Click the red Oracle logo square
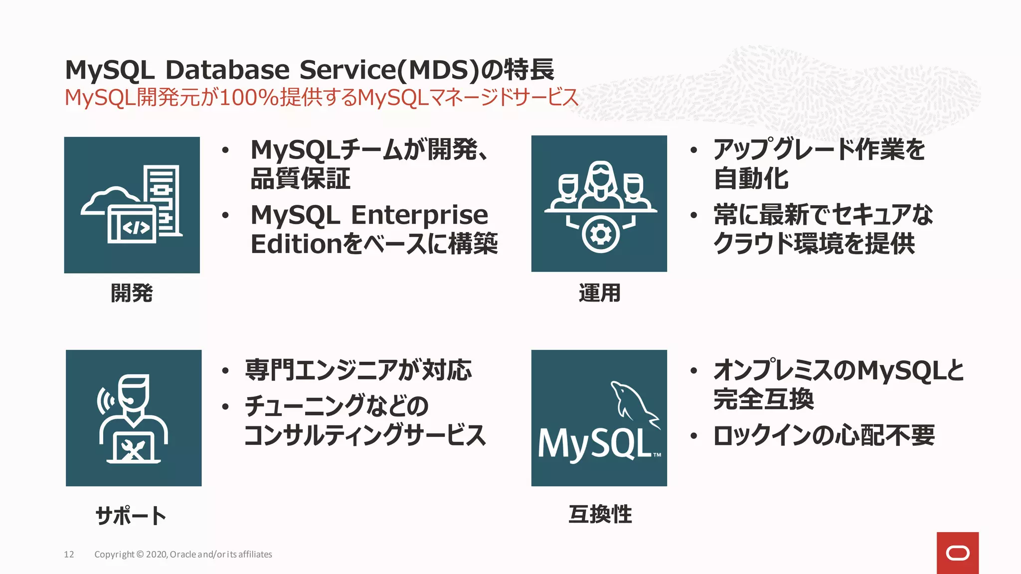click(957, 553)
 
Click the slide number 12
click(69, 555)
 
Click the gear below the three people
click(600, 234)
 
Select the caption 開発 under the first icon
click(132, 293)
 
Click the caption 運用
click(599, 293)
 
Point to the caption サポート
click(131, 515)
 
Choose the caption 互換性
click(600, 514)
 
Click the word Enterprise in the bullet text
click(419, 215)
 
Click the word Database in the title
click(227, 70)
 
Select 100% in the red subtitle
click(249, 97)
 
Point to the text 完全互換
click(763, 399)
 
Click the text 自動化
click(751, 179)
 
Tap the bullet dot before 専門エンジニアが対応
click(225, 371)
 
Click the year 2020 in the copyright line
click(157, 555)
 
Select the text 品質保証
click(300, 179)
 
